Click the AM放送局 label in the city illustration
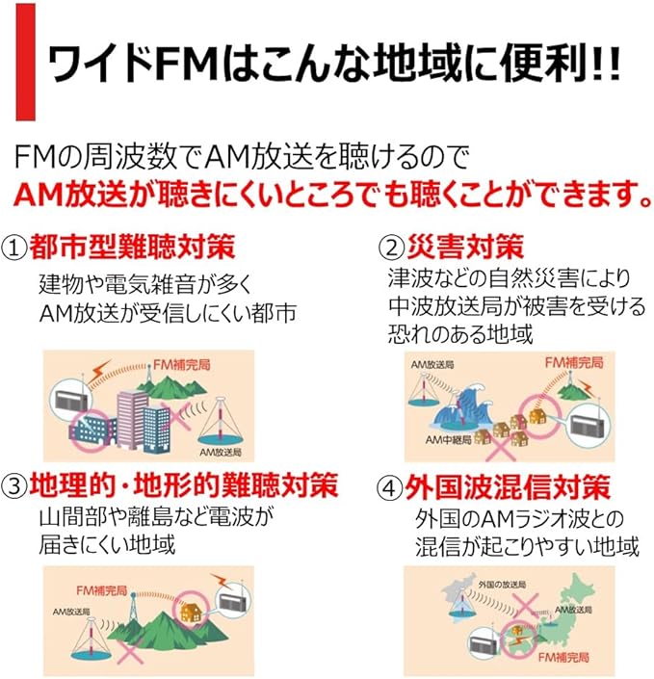pyautogui.click(x=220, y=450)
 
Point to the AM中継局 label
pyautogui.click(x=449, y=439)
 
